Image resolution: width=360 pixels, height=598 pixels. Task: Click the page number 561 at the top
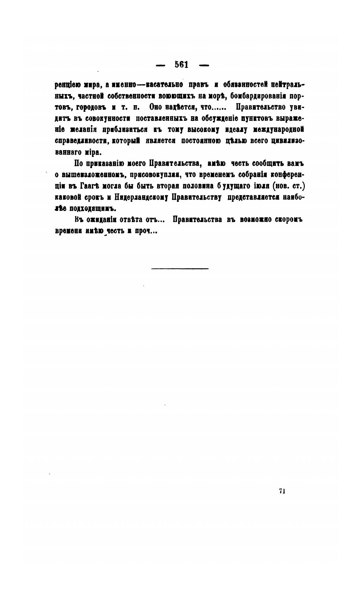pyautogui.click(x=182, y=65)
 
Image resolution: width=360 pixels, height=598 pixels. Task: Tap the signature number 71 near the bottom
pyautogui.click(x=282, y=491)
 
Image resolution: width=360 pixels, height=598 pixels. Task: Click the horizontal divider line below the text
pyautogui.click(x=180, y=269)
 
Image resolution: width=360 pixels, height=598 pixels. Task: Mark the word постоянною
pyautogui.click(x=201, y=141)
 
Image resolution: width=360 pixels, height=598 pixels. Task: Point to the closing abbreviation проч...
pyautogui.click(x=146, y=231)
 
